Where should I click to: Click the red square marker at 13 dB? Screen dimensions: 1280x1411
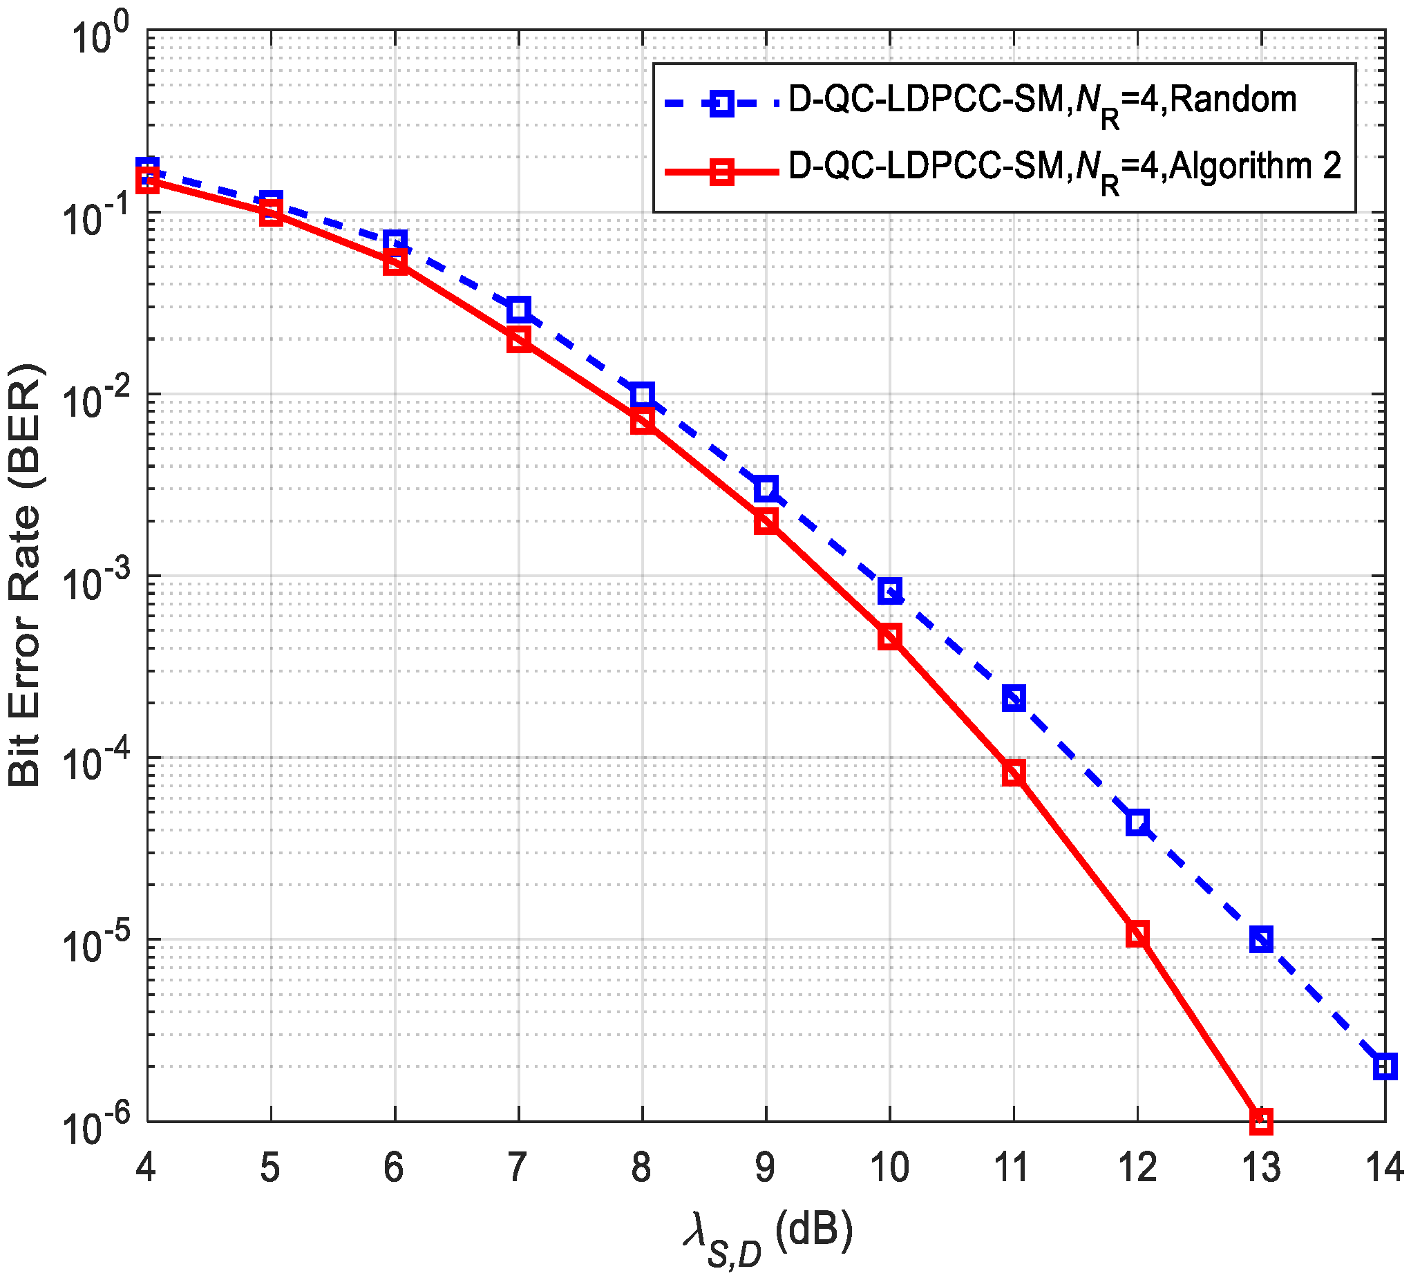point(1260,1121)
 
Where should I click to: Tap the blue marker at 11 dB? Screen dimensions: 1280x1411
point(1014,698)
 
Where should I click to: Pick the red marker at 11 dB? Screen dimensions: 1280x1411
point(1014,772)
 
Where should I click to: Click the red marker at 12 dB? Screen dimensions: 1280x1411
point(1137,934)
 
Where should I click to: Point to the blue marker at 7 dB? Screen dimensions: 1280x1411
point(519,309)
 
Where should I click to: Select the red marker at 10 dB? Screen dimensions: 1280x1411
point(889,637)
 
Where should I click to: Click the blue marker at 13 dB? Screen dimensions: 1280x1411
point(1260,940)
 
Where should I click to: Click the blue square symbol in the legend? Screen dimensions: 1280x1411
point(721,104)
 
